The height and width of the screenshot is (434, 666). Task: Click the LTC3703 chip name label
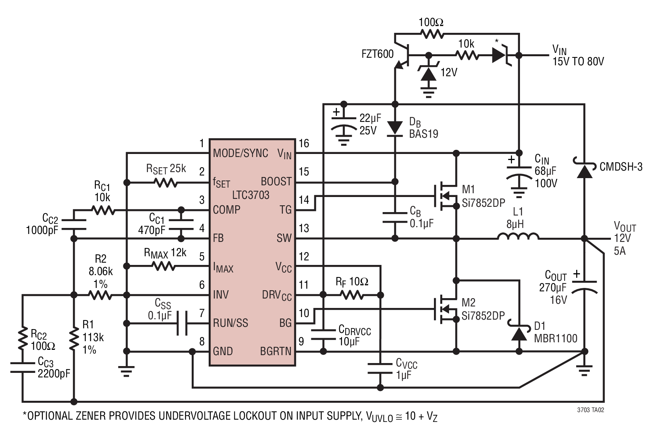tap(251, 195)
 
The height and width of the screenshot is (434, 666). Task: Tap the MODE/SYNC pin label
tap(240, 153)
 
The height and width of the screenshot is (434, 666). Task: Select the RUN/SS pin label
tap(231, 323)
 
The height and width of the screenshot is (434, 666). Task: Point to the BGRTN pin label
tap(276, 351)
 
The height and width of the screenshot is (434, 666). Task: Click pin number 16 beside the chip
tap(304, 143)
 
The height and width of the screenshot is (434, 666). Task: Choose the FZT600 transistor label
tap(378, 54)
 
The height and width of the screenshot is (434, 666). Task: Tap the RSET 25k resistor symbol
tap(165, 183)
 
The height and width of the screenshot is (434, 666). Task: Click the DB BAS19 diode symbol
tap(395, 128)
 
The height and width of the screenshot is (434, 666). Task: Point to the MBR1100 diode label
tap(556, 338)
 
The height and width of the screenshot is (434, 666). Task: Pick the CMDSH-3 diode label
tap(621, 166)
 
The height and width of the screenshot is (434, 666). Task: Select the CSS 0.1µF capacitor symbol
tap(182, 323)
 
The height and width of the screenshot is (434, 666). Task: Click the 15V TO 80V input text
tap(578, 61)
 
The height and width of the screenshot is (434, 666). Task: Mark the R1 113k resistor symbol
tap(74, 338)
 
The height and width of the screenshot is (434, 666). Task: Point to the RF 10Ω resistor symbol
tap(353, 295)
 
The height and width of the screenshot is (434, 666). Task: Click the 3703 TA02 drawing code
tap(591, 410)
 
